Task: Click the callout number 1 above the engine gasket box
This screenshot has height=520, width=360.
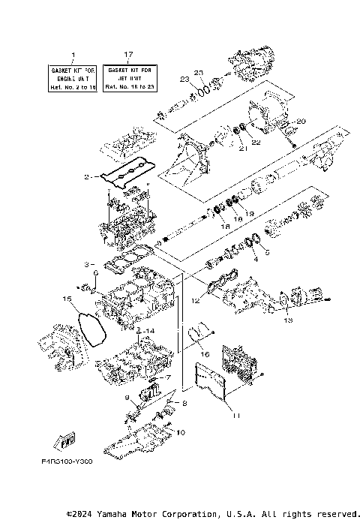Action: pyautogui.click(x=73, y=54)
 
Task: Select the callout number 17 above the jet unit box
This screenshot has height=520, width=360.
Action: pyautogui.click(x=128, y=54)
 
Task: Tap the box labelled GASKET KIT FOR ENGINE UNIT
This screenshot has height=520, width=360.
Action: pyautogui.click(x=73, y=77)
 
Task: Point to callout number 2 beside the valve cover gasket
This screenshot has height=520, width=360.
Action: pyautogui.click(x=87, y=177)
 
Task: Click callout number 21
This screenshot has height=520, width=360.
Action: pyautogui.click(x=241, y=149)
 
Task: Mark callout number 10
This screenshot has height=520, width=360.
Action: pyautogui.click(x=180, y=433)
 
